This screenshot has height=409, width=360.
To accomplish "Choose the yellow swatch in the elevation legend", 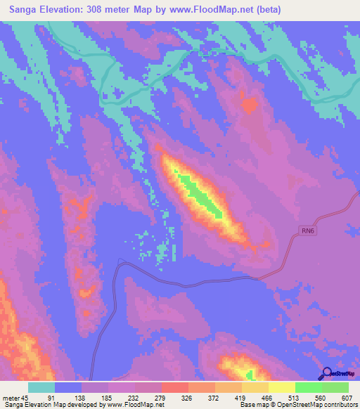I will tap(281, 387).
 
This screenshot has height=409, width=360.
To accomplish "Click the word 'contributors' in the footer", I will tap(340, 404).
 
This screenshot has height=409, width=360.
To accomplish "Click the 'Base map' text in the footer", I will tap(254, 404).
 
